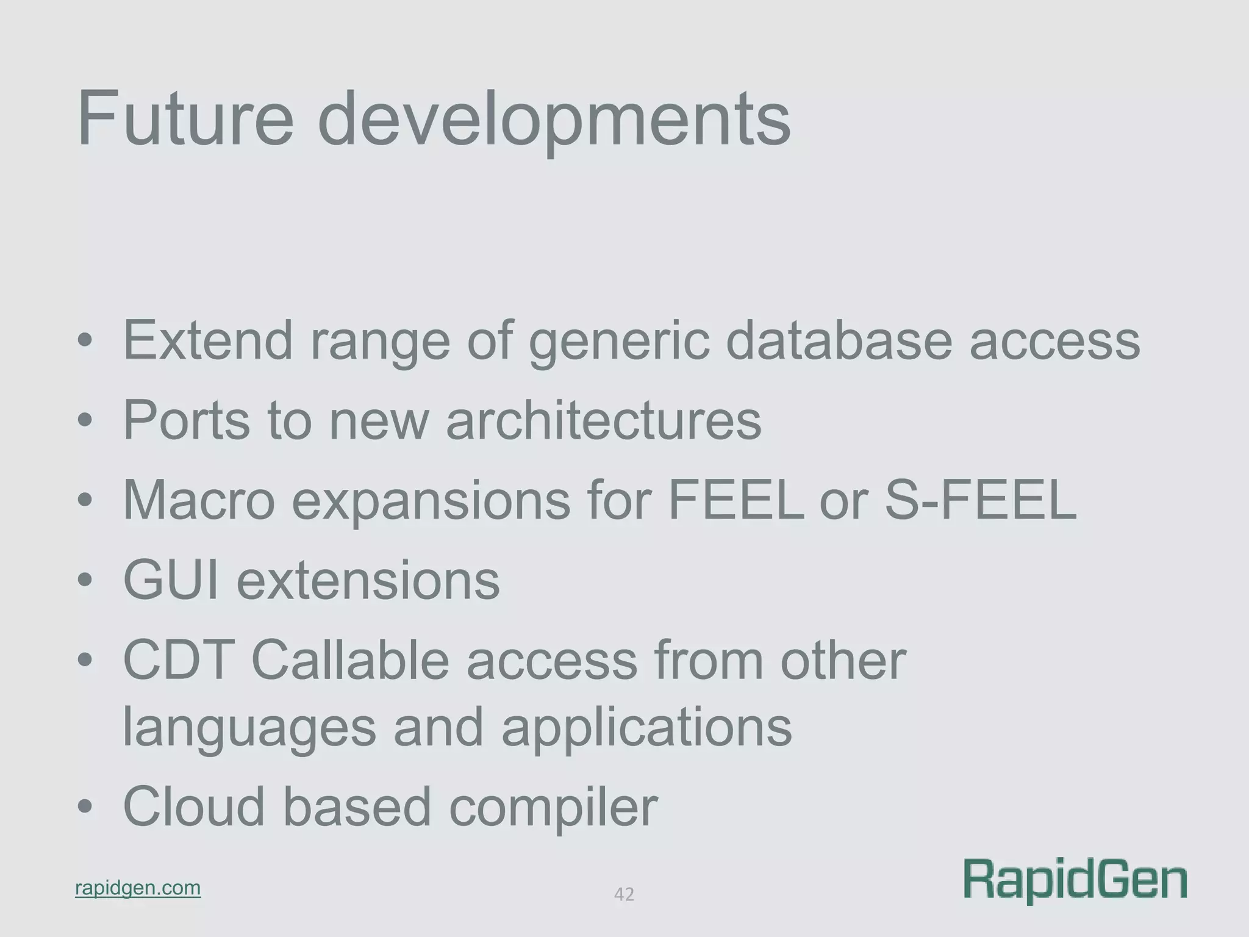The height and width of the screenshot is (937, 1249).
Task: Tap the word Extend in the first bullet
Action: coord(208,340)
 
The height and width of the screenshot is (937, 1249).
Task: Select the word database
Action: coord(839,340)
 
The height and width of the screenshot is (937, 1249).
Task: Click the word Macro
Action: coord(199,500)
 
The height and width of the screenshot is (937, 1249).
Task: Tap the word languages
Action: coord(249,729)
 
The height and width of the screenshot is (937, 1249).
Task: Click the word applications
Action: coord(646,729)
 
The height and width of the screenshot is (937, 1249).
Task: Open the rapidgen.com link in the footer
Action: coord(138,888)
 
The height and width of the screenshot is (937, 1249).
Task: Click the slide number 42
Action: coord(624,894)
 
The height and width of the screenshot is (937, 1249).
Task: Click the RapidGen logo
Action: coord(1075,880)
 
